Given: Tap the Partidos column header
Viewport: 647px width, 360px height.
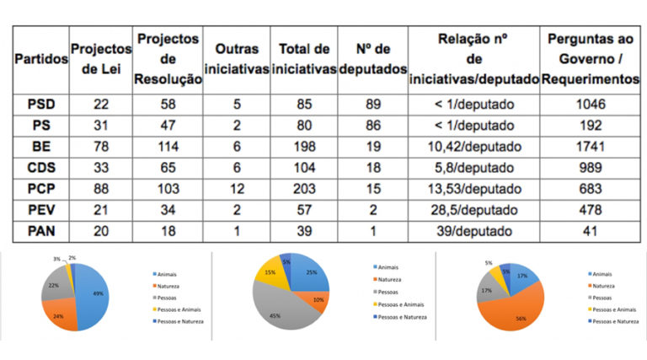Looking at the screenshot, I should [x=39, y=62].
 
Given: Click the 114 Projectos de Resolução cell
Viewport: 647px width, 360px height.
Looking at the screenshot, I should [x=168, y=145].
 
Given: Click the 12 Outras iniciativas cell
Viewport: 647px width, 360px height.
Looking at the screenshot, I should [x=237, y=187].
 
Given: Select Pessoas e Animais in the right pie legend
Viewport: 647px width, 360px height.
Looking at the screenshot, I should [x=612, y=309].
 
